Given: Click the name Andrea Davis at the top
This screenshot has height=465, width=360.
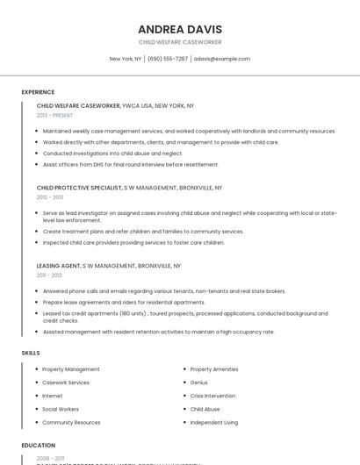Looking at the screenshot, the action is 180,29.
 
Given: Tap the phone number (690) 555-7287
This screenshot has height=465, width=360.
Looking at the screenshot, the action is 167,59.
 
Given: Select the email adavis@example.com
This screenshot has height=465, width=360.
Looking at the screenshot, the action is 222,59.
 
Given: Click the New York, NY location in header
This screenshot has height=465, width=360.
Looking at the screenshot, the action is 125,59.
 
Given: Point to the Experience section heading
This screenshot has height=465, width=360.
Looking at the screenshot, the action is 38,91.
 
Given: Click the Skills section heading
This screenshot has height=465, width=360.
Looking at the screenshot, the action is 31,353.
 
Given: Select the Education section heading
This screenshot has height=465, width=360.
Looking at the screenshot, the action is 39,445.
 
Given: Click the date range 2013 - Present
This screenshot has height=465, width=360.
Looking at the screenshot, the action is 54,115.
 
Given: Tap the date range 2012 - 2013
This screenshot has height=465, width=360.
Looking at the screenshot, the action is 50,197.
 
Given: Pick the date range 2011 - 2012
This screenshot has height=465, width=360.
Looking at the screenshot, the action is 49,275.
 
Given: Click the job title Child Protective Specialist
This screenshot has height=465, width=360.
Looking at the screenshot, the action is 79,187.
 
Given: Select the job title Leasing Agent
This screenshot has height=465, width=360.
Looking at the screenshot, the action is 59,265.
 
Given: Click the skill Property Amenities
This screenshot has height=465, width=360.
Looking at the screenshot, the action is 213,369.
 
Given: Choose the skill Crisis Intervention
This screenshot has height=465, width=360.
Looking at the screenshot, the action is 212,396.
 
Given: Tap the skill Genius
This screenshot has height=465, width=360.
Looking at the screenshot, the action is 198,383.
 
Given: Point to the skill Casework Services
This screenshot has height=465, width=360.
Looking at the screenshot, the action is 66,383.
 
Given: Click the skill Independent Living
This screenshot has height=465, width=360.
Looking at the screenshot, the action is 213,422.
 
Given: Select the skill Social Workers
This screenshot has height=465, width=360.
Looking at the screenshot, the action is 61,409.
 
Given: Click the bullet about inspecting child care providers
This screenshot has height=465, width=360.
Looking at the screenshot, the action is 133,242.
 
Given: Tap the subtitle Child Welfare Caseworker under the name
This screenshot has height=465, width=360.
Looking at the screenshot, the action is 180,42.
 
